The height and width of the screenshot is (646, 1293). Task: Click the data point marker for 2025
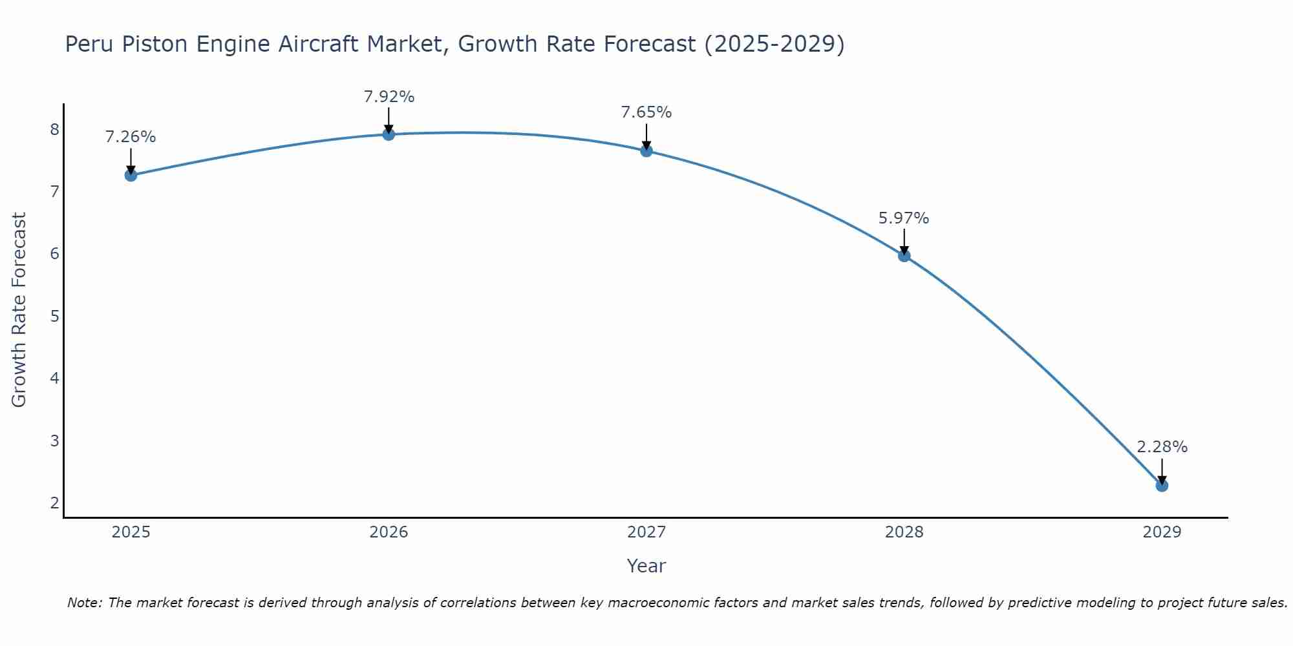click(x=131, y=175)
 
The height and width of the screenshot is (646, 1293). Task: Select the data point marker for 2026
click(x=389, y=134)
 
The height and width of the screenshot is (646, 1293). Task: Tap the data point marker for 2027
click(x=646, y=151)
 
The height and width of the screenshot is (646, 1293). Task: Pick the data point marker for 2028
click(x=904, y=256)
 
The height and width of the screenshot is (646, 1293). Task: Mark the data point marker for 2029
click(x=1162, y=485)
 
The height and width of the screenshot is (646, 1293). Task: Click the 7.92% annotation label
click(x=389, y=97)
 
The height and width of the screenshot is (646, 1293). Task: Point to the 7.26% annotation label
click(x=131, y=137)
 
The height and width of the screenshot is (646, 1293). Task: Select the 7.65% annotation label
click(x=646, y=112)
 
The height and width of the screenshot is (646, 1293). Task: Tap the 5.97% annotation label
click(x=904, y=218)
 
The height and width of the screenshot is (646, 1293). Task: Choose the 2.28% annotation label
click(x=1162, y=447)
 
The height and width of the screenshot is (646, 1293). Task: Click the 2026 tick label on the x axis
click(x=389, y=532)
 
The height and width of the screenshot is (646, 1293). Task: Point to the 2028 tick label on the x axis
click(x=904, y=532)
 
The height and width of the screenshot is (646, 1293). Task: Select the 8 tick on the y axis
click(x=54, y=130)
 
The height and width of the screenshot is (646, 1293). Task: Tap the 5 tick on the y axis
click(x=54, y=317)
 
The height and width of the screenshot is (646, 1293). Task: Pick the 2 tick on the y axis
click(x=54, y=503)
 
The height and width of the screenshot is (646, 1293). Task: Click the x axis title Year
click(x=646, y=566)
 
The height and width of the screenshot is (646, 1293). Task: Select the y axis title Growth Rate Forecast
click(x=19, y=310)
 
